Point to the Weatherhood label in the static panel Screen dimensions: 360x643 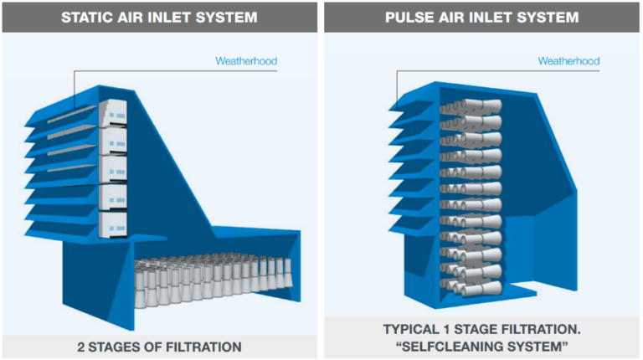click(x=245, y=61)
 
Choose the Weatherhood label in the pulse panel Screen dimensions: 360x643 click(x=568, y=61)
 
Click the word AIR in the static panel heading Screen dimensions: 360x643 click(x=136, y=17)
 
